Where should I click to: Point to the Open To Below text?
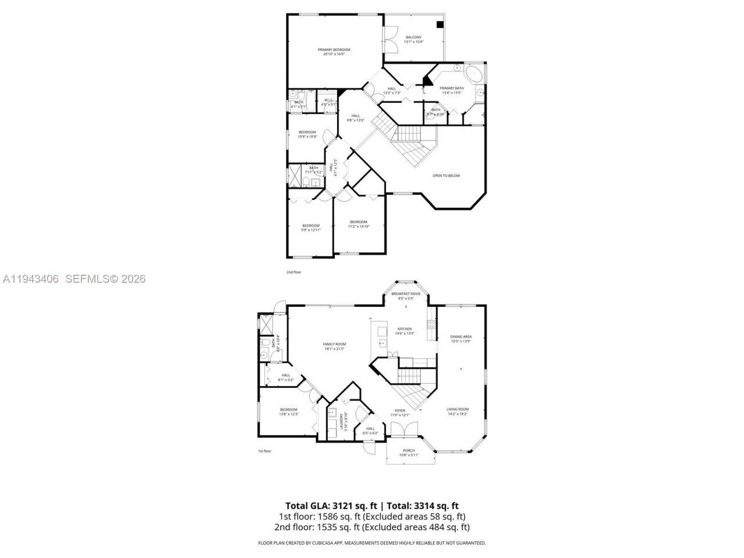coord(446,175)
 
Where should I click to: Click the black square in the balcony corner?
coord(440,24)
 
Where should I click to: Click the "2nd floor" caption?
coord(294,271)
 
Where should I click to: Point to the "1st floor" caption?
coord(265,450)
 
